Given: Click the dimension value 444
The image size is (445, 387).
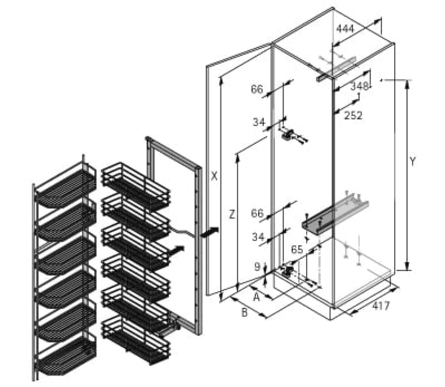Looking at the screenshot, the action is tap(345, 29).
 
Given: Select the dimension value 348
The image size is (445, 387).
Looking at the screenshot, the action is tap(359, 86).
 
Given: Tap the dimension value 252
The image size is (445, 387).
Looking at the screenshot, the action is tap(353, 116).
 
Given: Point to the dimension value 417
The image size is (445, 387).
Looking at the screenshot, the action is tap(381, 306).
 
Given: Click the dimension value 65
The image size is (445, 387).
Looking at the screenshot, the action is tap(297, 250).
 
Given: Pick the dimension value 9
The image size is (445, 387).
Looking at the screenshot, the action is tap(257, 267).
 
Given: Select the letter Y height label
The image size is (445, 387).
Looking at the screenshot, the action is tap(413, 162).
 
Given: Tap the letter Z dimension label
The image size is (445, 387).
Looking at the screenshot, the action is tap(232, 214).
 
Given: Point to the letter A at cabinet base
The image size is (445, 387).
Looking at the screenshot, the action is tap(256, 297).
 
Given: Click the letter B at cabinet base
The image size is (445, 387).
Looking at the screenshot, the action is tap(244, 313).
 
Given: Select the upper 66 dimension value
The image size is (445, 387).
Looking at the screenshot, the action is tap(257, 89).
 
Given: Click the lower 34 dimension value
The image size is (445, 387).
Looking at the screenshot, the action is tap(258, 237).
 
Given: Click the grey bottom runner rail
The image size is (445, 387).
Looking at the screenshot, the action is tap(335, 213).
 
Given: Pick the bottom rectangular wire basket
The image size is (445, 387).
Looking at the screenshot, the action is tap(136, 339).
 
